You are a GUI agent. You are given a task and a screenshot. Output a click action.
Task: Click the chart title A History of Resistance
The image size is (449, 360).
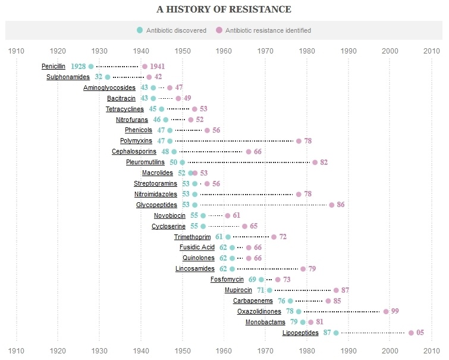coord(224,10)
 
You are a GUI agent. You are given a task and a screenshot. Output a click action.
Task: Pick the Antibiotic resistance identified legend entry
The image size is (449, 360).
coord(264,30)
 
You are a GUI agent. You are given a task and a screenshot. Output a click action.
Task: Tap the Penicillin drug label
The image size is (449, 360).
coord(54,66)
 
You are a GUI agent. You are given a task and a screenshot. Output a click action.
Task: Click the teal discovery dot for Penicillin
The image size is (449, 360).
coord(91,66)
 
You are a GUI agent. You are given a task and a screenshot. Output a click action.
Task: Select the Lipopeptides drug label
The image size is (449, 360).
coord(300,333)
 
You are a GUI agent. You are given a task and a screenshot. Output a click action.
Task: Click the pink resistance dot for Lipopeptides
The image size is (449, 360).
coord(411,333)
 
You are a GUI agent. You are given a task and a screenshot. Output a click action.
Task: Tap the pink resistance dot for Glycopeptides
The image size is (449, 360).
coord(332,205)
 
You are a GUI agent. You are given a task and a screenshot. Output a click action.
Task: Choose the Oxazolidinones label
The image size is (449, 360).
coord(259,312)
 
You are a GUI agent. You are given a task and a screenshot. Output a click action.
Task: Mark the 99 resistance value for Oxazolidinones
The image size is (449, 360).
coord(395,312)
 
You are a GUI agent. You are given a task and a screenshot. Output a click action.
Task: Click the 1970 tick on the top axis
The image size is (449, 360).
coord(266,51)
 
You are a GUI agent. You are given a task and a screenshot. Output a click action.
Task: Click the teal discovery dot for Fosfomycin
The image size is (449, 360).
coord(261,280)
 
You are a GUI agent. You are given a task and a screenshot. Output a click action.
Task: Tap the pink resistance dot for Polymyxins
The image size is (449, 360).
coord(299,141)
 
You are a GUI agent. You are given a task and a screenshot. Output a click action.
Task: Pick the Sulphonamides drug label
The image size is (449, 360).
coord(68,77)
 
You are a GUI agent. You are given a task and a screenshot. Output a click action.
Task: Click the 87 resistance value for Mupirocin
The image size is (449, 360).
coord(345,290)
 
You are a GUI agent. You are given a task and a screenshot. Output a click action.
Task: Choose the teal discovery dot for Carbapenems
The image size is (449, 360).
coord(290,301)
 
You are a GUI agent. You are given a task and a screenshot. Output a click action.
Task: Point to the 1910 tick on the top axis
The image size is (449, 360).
coord(17,51)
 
